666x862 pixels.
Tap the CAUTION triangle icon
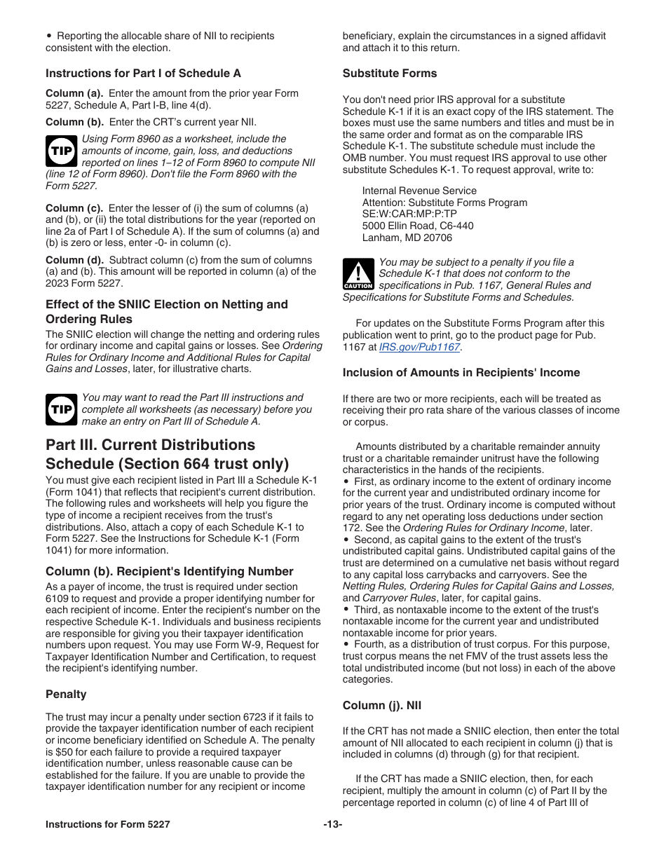pyautogui.click(x=358, y=274)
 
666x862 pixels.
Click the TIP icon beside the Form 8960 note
pyautogui.click(x=61, y=151)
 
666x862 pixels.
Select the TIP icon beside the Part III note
pyautogui.click(x=61, y=409)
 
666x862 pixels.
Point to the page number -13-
pyautogui.click(x=333, y=825)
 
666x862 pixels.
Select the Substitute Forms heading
pyautogui.click(x=389, y=74)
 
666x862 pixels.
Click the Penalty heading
pyautogui.click(x=66, y=695)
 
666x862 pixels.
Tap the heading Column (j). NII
pyautogui.click(x=382, y=706)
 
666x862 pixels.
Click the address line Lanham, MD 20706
pyautogui.click(x=407, y=238)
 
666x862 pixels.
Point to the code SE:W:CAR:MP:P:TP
pyautogui.click(x=409, y=214)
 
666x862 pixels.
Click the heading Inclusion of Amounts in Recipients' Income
pyautogui.click(x=461, y=372)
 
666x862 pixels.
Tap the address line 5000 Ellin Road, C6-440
pyautogui.click(x=417, y=226)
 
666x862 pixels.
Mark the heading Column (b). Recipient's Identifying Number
pyautogui.click(x=170, y=571)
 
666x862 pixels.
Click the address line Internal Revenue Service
pyautogui.click(x=419, y=191)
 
